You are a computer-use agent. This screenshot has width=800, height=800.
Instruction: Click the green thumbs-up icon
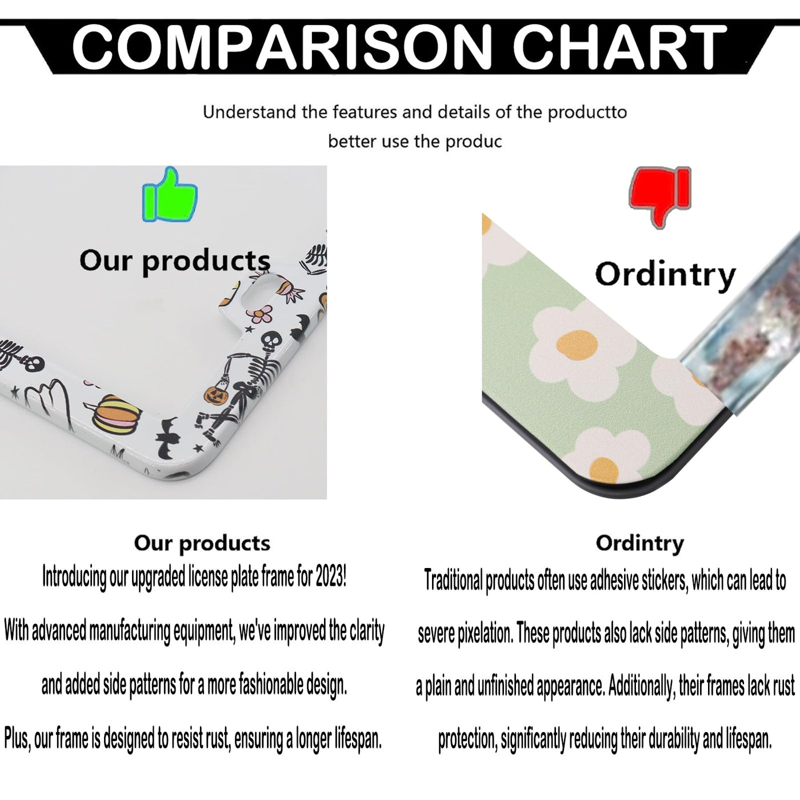click(x=169, y=195)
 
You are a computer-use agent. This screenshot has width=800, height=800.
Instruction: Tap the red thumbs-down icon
click(x=660, y=197)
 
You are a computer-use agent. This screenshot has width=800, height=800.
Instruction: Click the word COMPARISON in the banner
click(x=282, y=46)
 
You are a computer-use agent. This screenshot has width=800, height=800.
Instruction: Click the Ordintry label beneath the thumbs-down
click(x=665, y=275)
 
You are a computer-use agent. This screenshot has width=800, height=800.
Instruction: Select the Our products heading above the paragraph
click(x=202, y=544)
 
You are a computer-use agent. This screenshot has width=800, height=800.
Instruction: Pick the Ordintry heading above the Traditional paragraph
click(x=640, y=544)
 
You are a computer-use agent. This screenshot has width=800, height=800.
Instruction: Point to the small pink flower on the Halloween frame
click(x=261, y=314)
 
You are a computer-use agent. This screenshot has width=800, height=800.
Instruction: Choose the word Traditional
click(x=454, y=580)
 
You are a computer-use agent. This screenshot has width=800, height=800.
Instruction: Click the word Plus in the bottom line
click(x=17, y=739)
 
